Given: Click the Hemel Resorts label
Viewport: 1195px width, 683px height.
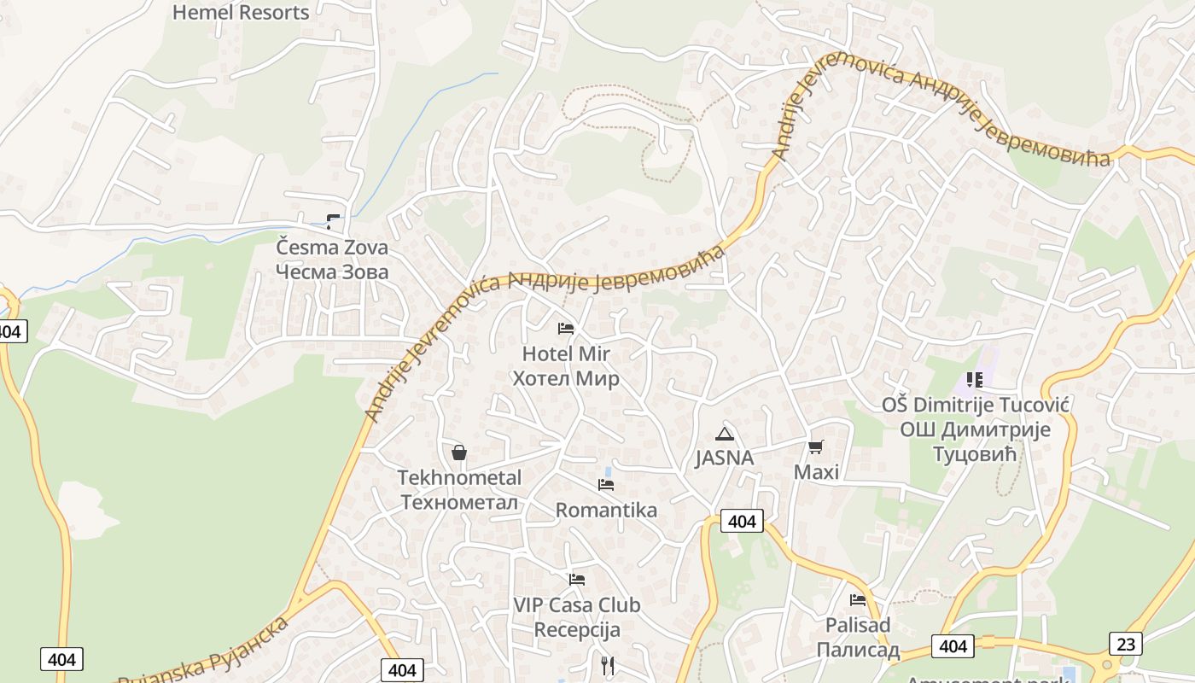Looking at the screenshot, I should [x=241, y=12].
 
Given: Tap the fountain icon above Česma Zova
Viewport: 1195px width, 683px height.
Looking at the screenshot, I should [x=333, y=222].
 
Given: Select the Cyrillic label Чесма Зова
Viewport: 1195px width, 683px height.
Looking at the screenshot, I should [x=332, y=272].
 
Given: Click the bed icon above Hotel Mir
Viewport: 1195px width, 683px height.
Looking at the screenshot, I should [x=565, y=328].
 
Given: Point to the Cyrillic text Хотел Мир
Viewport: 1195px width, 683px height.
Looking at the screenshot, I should [x=566, y=378].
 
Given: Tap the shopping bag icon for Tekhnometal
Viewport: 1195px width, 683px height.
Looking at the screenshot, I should [x=459, y=452].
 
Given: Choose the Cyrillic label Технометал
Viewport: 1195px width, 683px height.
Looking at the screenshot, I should [x=459, y=502].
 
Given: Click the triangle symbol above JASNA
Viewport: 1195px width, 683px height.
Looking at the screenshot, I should [x=725, y=434].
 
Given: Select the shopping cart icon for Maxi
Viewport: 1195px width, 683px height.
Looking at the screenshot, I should [x=816, y=447].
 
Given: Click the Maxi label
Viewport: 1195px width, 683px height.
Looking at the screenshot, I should [x=817, y=472].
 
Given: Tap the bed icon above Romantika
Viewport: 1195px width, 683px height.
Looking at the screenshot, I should [x=606, y=485].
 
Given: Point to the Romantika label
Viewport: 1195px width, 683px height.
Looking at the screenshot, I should [x=606, y=511].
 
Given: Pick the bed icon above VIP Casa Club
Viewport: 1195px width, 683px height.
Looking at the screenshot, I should [x=577, y=580].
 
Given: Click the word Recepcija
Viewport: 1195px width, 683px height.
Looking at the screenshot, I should [x=577, y=631].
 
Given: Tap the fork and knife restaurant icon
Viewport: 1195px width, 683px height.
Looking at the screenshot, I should [x=608, y=665].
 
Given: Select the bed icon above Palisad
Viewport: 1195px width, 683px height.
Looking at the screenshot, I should [x=858, y=600].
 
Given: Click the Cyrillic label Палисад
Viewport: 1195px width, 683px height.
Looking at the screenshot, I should [x=858, y=651].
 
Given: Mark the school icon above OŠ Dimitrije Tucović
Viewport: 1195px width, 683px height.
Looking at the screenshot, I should [x=974, y=379].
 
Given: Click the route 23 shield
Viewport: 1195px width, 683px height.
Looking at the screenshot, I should [x=1126, y=644].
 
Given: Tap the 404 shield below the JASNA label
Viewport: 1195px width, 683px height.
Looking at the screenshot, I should [x=742, y=521].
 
